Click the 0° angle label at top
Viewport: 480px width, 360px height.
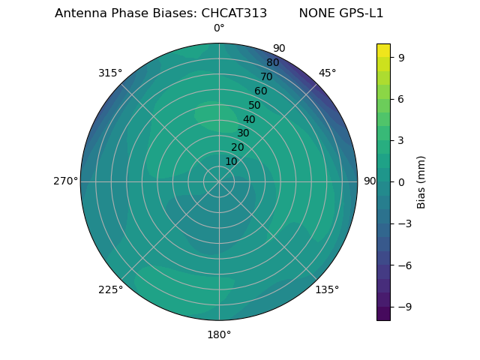coord(219,28)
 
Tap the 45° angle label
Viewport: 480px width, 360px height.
coord(328,73)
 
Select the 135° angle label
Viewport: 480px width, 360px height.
coord(327,289)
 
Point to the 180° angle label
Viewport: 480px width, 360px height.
coord(219,334)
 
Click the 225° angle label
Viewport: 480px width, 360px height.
coord(110,290)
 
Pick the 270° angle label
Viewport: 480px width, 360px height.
coord(65,181)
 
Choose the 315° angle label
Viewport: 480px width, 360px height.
coord(110,73)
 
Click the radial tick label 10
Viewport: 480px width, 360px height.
coord(231,161)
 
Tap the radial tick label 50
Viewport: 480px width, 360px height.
coord(255,105)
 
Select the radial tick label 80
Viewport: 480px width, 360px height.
coord(273,63)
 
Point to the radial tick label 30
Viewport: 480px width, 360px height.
coord(243,133)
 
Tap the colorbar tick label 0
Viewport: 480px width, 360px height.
coord(402,181)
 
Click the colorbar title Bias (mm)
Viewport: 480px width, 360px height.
coord(421,181)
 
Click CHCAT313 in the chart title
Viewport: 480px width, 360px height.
coord(234,13)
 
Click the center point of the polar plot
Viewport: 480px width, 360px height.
coord(219,181)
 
